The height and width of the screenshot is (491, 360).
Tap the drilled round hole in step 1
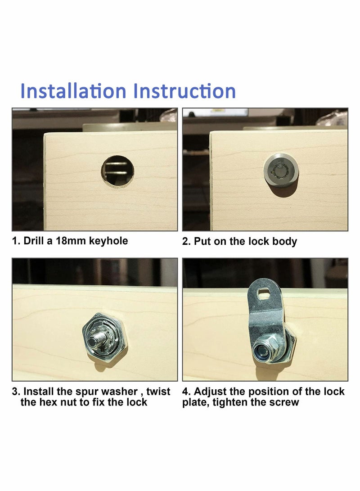[x=117, y=171]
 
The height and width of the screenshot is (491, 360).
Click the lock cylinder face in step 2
[x=280, y=170]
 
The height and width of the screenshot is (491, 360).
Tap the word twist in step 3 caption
[x=158, y=392]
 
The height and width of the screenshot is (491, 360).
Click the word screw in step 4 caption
[x=284, y=402]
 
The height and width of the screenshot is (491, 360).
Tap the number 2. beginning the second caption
[x=186, y=241]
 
